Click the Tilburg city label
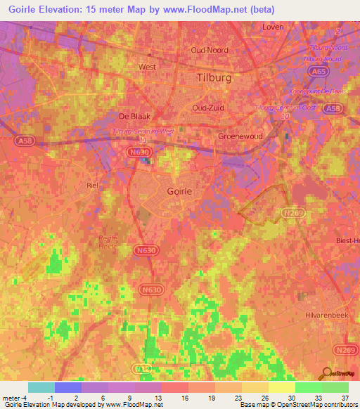pos(214,77)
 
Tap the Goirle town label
pos(181,190)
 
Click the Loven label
pos(272,27)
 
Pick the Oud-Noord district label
pos(210,51)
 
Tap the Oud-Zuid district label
pos(209,108)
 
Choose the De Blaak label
pos(131,117)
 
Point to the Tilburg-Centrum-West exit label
pos(143,131)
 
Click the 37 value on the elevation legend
pos(342,397)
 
